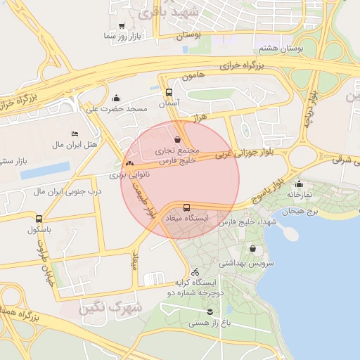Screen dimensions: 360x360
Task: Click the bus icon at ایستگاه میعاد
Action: pyautogui.click(x=186, y=207)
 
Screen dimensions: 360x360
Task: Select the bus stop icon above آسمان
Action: pyautogui.click(x=169, y=92)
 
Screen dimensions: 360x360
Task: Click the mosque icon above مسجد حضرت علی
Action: pyautogui.click(x=116, y=98)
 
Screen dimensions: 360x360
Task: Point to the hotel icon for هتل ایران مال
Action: pyautogui.click(x=75, y=134)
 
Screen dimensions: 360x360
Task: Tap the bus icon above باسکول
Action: pyautogui.click(x=38, y=219)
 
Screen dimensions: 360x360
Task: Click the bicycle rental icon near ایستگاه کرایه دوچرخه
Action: pyautogui.click(x=195, y=271)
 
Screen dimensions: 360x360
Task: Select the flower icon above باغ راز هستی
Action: pyautogui.click(x=210, y=311)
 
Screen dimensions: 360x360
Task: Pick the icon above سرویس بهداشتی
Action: pyautogui.click(x=252, y=249)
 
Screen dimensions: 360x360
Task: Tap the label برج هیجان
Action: pyautogui.click(x=301, y=212)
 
